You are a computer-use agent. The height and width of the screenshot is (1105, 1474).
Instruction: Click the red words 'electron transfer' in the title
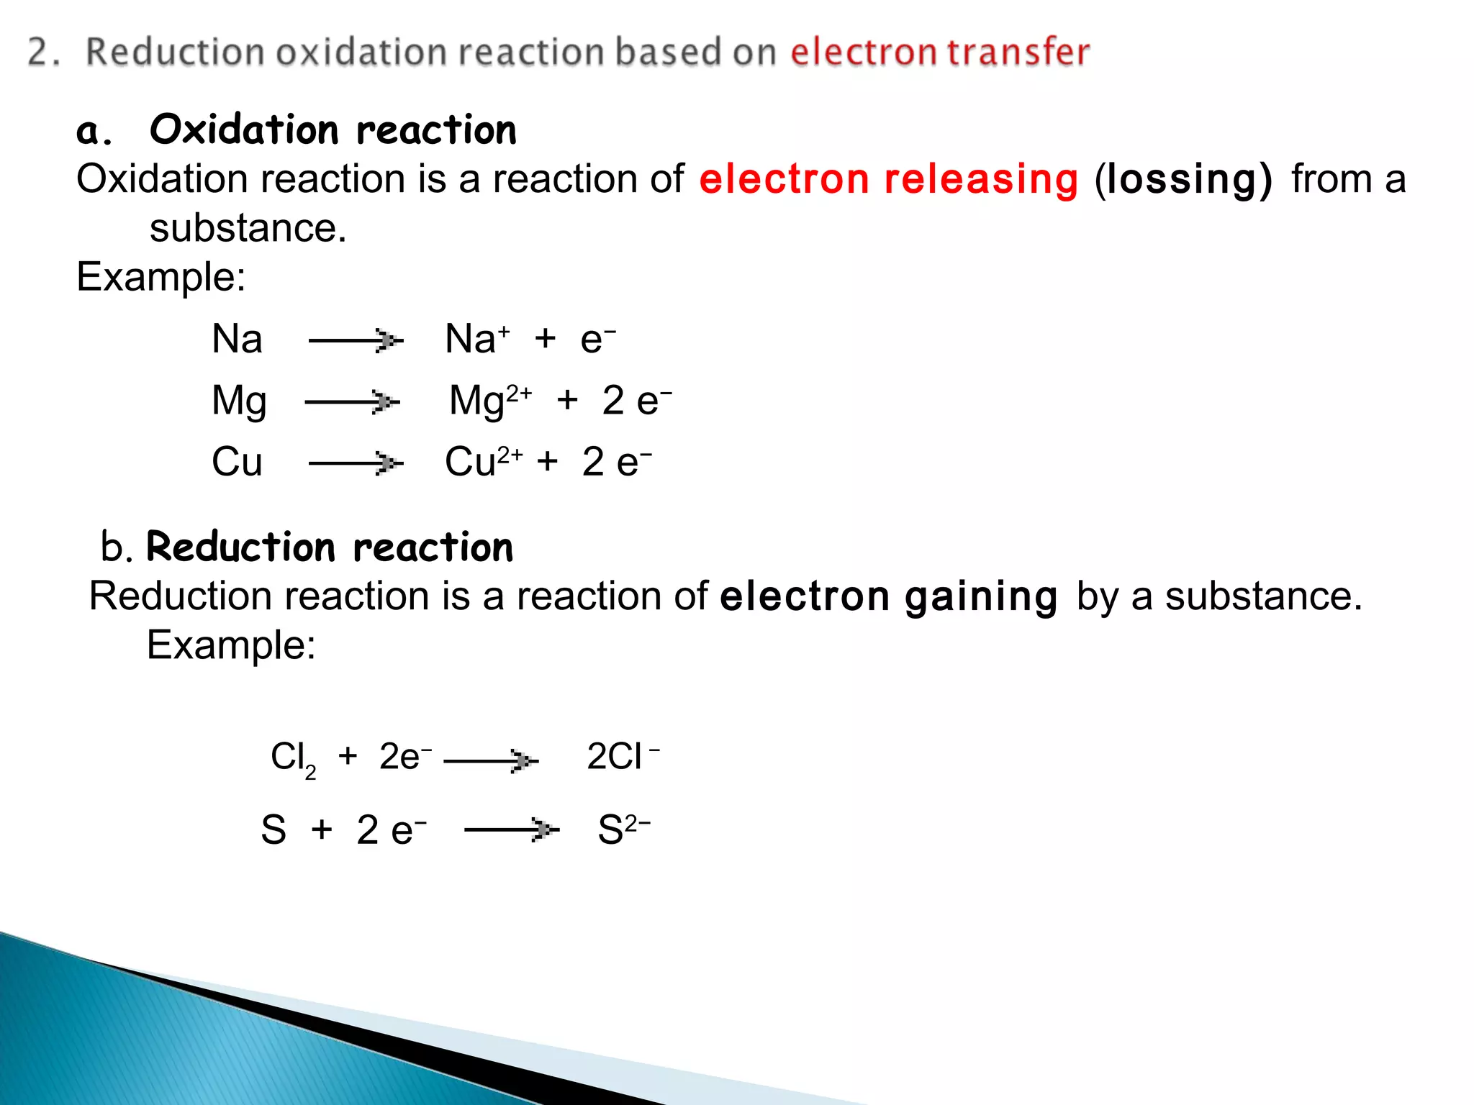(940, 53)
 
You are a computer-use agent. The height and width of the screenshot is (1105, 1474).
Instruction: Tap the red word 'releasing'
(982, 179)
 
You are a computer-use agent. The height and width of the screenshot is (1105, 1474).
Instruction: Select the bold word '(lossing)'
(1183, 179)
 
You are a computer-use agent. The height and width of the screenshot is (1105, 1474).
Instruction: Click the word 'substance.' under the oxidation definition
(248, 229)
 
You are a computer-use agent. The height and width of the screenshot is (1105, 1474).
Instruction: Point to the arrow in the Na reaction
(356, 340)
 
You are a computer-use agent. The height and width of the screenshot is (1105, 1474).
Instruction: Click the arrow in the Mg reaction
(352, 401)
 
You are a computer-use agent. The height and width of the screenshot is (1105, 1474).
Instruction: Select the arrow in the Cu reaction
(356, 463)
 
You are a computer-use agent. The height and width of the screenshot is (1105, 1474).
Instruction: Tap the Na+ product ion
(477, 339)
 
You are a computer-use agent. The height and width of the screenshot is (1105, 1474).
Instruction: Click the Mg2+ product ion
(490, 401)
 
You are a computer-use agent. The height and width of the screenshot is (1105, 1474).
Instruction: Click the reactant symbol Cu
(237, 462)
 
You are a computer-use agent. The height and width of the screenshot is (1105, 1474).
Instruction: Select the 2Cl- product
(623, 757)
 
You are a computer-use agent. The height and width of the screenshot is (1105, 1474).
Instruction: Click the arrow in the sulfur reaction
(512, 829)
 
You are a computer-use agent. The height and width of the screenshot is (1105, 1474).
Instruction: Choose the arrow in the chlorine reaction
(491, 760)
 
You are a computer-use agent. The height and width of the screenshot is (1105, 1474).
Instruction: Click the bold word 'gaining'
(981, 597)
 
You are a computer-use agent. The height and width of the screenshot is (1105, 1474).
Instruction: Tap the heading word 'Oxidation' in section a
(244, 130)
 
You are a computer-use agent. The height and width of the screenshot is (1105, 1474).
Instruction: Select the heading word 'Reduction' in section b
(240, 547)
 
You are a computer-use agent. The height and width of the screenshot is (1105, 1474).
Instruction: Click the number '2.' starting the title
(44, 53)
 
